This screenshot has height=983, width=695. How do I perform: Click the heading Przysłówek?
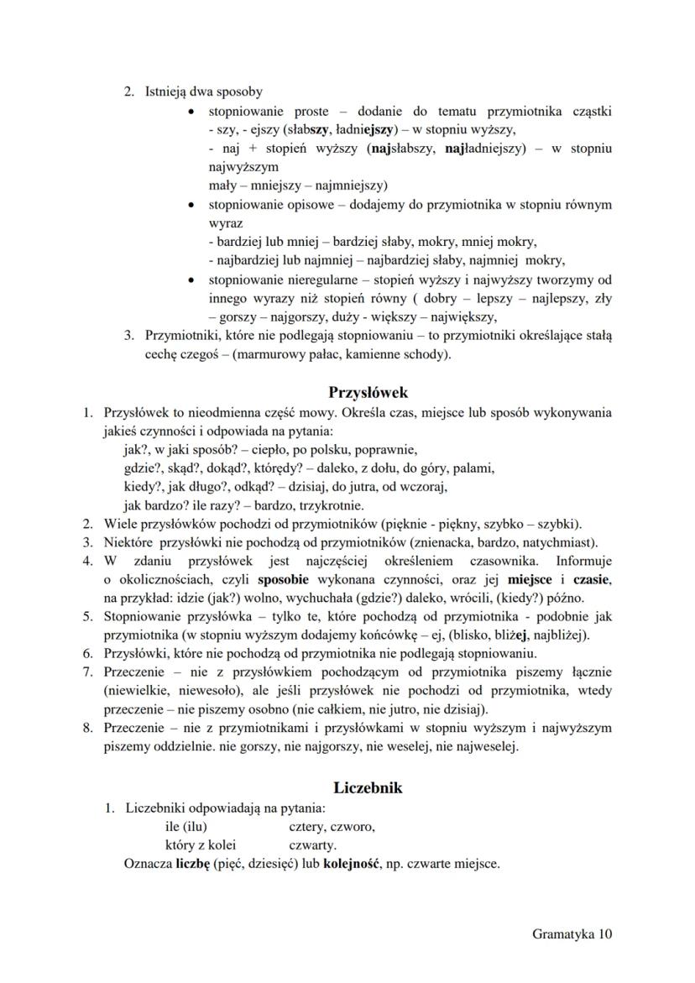point(368,391)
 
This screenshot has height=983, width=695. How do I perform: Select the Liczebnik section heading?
point(368,787)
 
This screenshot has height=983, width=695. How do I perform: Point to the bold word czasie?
point(591,580)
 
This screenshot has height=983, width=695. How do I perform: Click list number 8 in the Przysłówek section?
point(86,728)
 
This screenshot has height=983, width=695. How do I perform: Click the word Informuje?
point(583,561)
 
